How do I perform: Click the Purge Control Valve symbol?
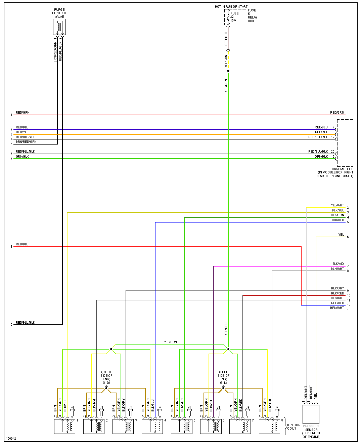click(x=59, y=27)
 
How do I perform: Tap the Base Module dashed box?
click(x=345, y=143)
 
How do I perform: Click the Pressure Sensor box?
click(x=311, y=414)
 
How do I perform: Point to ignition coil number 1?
click(x=64, y=426)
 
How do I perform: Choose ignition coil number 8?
click(x=269, y=426)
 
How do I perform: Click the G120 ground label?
click(x=106, y=382)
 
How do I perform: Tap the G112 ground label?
click(x=223, y=382)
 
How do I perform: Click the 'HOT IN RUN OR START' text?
click(x=231, y=7)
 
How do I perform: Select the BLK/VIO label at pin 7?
click(x=338, y=264)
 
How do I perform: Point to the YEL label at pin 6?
click(x=341, y=235)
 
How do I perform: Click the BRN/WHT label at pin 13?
click(x=337, y=308)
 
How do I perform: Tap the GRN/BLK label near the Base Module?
click(x=321, y=157)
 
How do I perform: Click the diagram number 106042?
click(x=11, y=439)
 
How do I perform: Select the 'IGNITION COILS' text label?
click(x=294, y=427)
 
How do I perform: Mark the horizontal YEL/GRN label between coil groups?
click(x=170, y=342)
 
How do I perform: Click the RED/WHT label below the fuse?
click(x=226, y=39)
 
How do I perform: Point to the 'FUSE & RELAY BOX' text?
click(x=252, y=16)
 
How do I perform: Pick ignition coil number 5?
click(x=181, y=426)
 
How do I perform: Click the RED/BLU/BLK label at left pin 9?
click(x=26, y=323)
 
